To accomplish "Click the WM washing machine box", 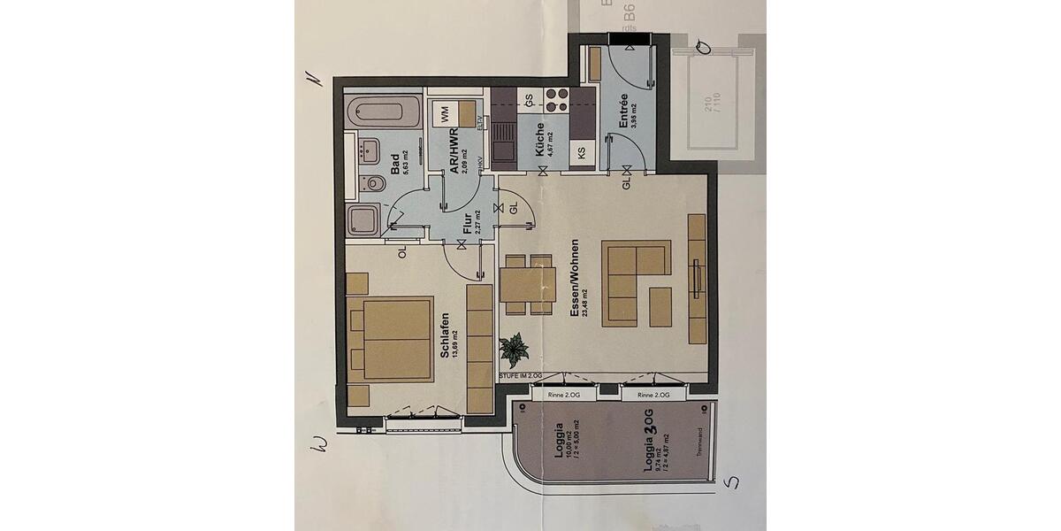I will [x=445, y=113].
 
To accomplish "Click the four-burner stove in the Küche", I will [x=557, y=99].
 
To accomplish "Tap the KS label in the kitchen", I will [x=581, y=152].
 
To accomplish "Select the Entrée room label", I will [x=623, y=112].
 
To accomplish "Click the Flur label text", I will [x=466, y=225].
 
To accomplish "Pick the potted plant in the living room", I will [x=513, y=350].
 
